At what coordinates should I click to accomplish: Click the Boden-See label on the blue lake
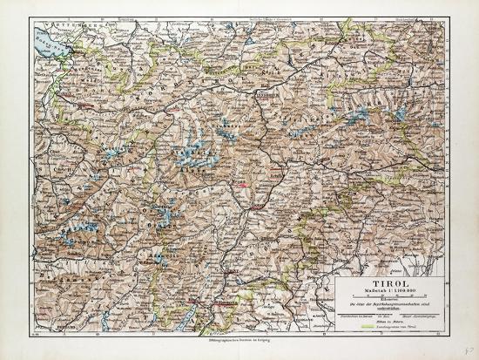44,38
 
